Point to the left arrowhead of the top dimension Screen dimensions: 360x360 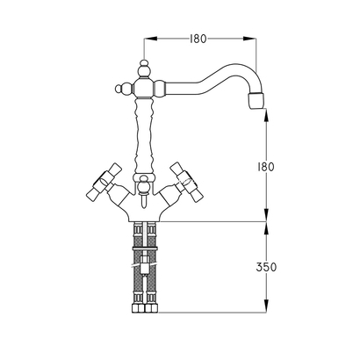148,38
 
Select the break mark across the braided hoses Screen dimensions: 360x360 144,260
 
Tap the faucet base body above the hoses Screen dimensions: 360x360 144,209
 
